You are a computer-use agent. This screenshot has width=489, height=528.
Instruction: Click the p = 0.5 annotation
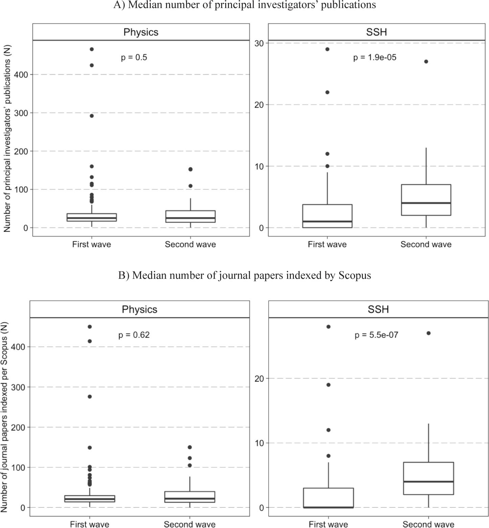134,58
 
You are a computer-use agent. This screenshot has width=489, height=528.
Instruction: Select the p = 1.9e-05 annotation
374,58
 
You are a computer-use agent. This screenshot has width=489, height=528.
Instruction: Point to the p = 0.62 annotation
134,335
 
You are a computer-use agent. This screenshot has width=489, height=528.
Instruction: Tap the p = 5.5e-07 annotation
376,335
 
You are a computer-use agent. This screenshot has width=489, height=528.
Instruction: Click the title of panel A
245,5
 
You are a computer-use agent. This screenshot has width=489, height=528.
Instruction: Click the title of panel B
245,276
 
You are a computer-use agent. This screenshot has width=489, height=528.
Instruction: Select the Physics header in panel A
141,32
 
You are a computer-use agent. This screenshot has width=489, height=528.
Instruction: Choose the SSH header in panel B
378,309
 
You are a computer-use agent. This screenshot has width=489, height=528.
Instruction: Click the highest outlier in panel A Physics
92,49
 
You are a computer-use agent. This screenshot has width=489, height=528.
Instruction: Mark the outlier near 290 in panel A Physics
92,116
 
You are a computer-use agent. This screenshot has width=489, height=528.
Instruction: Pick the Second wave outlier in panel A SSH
426,62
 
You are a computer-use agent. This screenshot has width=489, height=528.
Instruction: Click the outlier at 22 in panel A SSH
327,92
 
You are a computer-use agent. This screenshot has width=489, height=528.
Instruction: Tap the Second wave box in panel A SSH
426,200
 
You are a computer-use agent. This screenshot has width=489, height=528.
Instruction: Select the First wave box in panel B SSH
328,498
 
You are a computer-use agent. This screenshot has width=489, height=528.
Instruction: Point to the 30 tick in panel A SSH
259,43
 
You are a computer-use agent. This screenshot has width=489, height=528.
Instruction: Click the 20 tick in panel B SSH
259,378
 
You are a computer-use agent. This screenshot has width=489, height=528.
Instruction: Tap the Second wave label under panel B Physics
190,524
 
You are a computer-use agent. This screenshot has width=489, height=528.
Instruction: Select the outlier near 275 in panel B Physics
90,397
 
